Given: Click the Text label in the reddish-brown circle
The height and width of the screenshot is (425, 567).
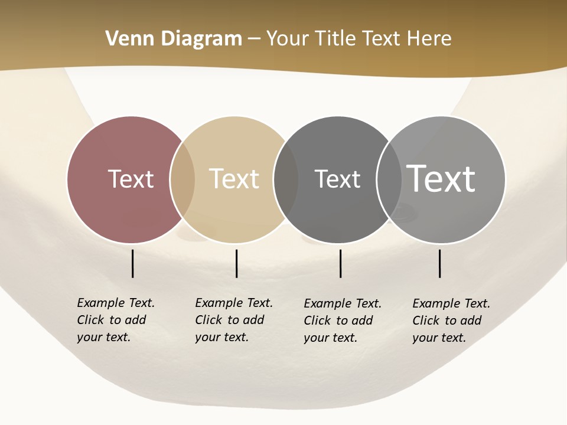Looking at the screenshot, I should [x=131, y=179].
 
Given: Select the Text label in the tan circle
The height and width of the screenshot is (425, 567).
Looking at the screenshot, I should [x=234, y=179].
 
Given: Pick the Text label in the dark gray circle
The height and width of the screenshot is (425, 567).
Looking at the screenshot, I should [x=337, y=179].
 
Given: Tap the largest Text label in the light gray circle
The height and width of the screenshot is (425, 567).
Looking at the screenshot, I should [x=441, y=178].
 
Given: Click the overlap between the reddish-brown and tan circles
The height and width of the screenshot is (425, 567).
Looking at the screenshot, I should [x=183, y=179].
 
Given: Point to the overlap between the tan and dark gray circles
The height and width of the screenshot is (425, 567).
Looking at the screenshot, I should [x=286, y=179].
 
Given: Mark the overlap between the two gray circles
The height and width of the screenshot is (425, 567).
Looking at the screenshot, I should [x=389, y=179].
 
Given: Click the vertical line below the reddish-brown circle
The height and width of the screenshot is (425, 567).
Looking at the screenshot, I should [x=133, y=263].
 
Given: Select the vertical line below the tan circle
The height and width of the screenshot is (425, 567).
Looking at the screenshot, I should [x=236, y=263].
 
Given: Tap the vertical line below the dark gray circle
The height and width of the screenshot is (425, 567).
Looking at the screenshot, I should [x=341, y=263].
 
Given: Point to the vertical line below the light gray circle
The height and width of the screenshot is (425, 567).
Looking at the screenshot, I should [x=440, y=263].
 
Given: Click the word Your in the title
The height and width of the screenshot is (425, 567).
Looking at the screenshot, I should [x=288, y=39].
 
